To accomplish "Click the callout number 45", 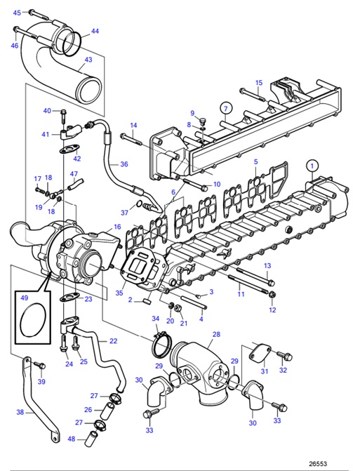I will tap(17, 13).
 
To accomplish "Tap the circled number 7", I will tap(225, 107).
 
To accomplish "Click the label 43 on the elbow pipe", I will tap(88, 60).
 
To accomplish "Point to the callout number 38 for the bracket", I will tap(20, 413).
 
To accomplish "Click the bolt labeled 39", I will tap(39, 366).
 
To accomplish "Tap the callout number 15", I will tap(258, 83).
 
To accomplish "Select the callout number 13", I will tap(267, 265).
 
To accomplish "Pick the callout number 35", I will tap(119, 293).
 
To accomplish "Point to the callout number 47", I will tap(74, 173).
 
